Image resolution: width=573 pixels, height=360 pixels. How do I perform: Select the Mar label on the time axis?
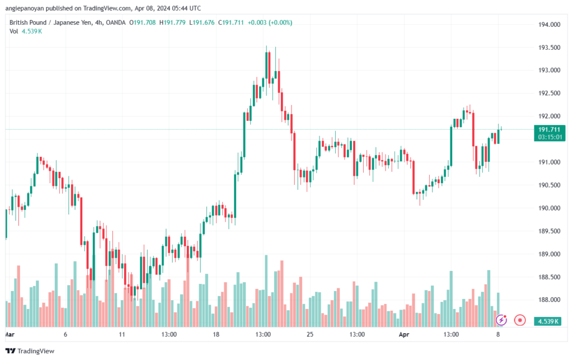[9, 334]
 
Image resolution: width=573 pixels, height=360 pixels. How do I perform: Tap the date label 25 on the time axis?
[309, 334]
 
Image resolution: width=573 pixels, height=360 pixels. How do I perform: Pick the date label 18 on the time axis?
[216, 334]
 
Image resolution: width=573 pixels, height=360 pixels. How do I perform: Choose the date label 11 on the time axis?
[122, 334]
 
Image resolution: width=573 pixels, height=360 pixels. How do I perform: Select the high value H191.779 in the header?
[173, 22]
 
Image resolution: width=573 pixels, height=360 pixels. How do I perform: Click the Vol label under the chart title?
[14, 31]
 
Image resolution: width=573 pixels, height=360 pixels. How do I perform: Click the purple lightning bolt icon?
[502, 320]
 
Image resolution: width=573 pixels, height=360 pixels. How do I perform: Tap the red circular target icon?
[520, 320]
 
